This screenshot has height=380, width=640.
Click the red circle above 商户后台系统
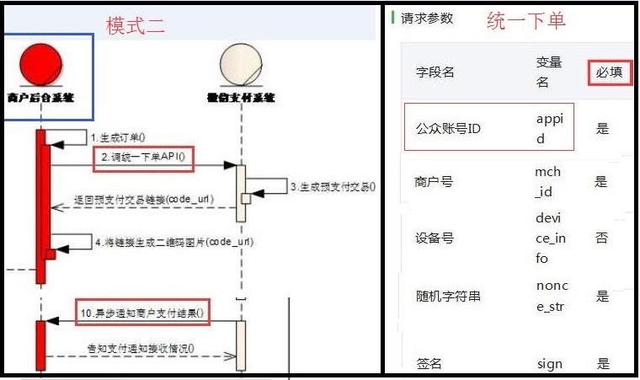[40, 64]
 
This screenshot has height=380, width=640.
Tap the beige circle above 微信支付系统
[240, 64]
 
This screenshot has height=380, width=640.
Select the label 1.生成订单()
[118, 137]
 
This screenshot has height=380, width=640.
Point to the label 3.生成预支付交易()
[333, 187]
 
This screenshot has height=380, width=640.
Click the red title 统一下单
[526, 20]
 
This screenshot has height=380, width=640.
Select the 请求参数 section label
[427, 18]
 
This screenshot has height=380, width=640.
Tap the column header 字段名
[435, 72]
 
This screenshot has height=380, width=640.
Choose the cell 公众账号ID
[448, 129]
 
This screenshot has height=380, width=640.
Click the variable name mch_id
[547, 182]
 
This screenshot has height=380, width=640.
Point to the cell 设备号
[435, 238]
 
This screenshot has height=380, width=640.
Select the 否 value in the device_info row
[602, 238]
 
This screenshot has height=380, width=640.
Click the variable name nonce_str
[552, 296]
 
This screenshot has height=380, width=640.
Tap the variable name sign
[549, 364]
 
